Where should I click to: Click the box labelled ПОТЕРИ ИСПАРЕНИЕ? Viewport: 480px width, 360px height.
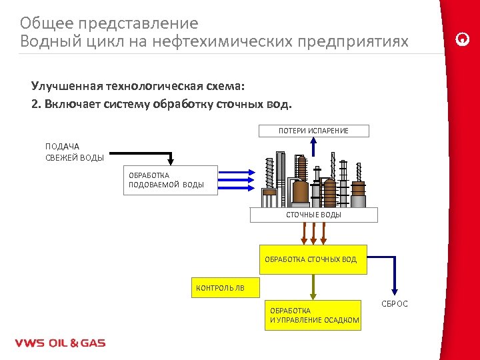(313, 131)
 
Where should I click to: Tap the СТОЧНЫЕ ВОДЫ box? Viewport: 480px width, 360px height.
(313, 215)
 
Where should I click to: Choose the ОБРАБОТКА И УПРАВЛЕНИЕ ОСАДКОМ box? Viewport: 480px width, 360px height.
(313, 315)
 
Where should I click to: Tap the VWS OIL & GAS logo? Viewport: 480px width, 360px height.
(60, 343)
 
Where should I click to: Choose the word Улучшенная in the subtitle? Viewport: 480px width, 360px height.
(65, 87)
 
